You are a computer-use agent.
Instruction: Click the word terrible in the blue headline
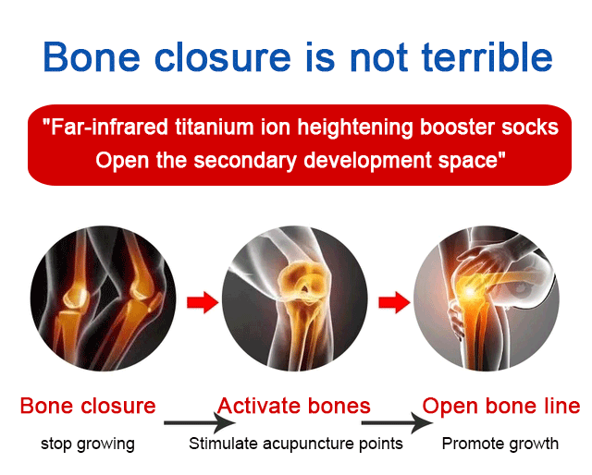[487, 56]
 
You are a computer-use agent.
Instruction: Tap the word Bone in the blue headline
[92, 56]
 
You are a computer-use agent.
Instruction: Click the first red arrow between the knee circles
[203, 302]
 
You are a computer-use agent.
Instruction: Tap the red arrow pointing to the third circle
[395, 302]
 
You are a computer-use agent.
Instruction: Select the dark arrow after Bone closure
[200, 423]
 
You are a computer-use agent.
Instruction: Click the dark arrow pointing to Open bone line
[397, 423]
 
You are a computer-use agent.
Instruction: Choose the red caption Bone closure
[88, 406]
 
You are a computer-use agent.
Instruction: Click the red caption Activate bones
[294, 406]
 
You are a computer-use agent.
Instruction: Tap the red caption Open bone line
[501, 406]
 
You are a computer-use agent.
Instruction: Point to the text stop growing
[88, 445]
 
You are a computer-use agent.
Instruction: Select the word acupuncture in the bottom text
[308, 445]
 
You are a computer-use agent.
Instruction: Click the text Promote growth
[500, 444]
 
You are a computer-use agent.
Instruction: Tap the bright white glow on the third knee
[469, 291]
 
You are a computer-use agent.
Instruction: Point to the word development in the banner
[367, 161]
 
